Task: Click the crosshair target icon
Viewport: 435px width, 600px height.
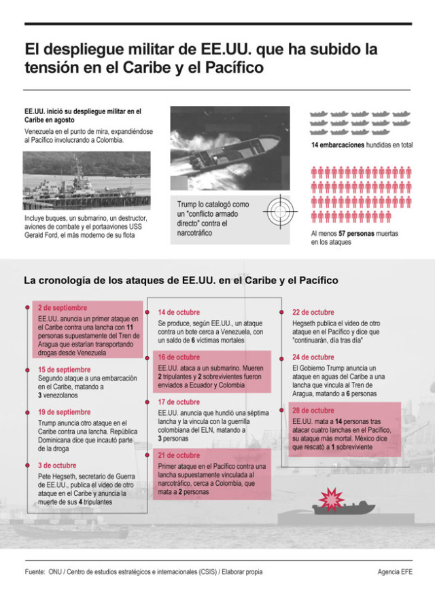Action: (279, 211)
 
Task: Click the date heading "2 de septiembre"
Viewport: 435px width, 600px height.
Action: (63, 307)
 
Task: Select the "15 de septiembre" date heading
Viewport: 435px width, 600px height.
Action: (65, 370)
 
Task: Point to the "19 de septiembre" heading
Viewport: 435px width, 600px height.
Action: (65, 412)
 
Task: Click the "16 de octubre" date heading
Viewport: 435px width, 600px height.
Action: (179, 357)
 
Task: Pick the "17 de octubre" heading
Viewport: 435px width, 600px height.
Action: (179, 402)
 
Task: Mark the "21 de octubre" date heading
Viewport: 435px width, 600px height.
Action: (179, 455)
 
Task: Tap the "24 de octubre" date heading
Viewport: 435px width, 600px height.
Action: (313, 357)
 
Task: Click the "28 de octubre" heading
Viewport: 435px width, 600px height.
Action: (313, 410)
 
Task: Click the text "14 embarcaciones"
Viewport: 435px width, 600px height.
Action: (338, 145)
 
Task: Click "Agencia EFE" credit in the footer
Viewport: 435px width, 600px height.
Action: (394, 572)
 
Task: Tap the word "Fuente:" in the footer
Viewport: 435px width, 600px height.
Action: (35, 572)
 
